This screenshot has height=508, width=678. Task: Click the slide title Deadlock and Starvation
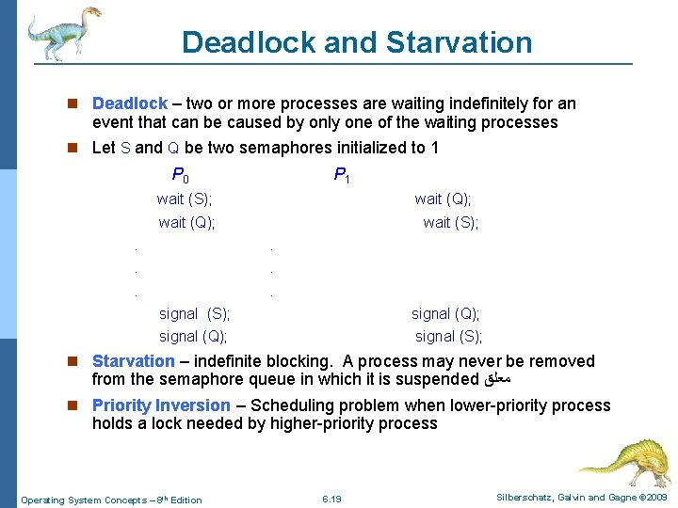(x=357, y=42)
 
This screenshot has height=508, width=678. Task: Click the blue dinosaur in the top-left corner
(x=62, y=34)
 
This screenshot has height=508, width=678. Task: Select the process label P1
(x=342, y=175)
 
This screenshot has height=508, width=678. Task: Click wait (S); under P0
(x=185, y=198)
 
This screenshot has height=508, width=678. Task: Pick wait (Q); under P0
(x=186, y=223)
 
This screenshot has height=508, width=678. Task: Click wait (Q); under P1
(x=443, y=198)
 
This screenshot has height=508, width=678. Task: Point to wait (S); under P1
(x=450, y=223)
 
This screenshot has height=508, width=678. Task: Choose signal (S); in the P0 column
(x=194, y=313)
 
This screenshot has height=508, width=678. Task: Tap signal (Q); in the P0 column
(x=193, y=336)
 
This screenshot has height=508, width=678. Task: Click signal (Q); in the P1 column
(x=445, y=313)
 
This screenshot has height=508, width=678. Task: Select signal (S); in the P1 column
(x=448, y=336)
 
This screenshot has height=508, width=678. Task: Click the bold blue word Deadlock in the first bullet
(x=130, y=103)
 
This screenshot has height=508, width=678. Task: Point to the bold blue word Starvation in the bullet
(x=133, y=361)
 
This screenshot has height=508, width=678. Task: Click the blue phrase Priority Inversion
(x=161, y=405)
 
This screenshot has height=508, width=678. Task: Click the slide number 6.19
(x=331, y=499)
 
